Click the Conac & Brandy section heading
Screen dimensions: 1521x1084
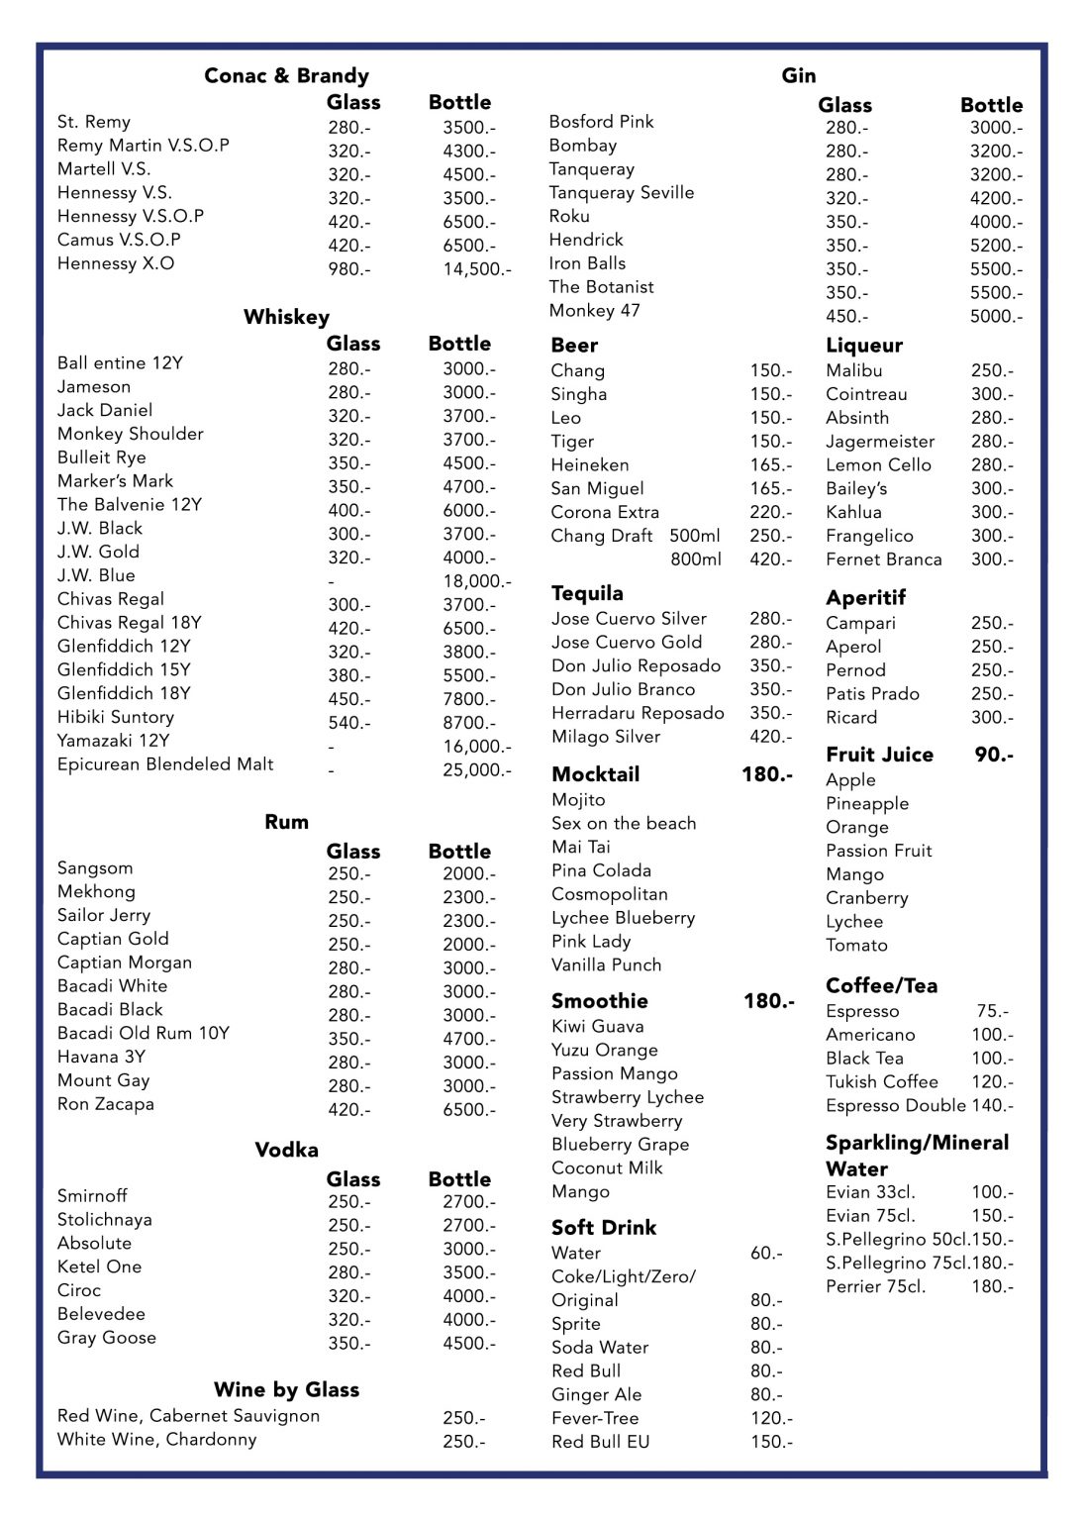click(x=286, y=75)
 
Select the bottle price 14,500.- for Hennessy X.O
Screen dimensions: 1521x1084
click(x=476, y=268)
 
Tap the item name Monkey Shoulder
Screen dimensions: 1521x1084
click(x=130, y=434)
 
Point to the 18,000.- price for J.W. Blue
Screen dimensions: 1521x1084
click(x=476, y=581)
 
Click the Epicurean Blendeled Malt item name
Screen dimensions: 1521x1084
click(x=165, y=764)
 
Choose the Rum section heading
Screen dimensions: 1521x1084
click(x=286, y=822)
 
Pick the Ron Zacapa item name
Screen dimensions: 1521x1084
click(x=105, y=1104)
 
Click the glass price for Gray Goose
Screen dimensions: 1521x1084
click(x=349, y=1344)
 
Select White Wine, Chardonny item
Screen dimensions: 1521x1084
click(x=156, y=1440)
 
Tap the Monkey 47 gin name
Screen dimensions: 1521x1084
click(x=594, y=311)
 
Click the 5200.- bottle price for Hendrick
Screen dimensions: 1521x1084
click(x=996, y=246)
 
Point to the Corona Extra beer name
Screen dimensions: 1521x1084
click(x=604, y=512)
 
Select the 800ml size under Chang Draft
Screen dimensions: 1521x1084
click(x=695, y=559)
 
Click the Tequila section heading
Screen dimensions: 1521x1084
click(x=587, y=593)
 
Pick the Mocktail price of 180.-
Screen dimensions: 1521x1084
click(x=766, y=774)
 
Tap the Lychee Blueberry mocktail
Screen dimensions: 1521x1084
click(x=623, y=918)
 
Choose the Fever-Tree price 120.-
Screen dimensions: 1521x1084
click(x=771, y=1419)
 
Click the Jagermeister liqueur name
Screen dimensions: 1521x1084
click(x=879, y=442)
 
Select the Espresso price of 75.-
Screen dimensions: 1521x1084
click(x=992, y=1011)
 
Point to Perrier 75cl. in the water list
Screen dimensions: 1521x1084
click(x=875, y=1286)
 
